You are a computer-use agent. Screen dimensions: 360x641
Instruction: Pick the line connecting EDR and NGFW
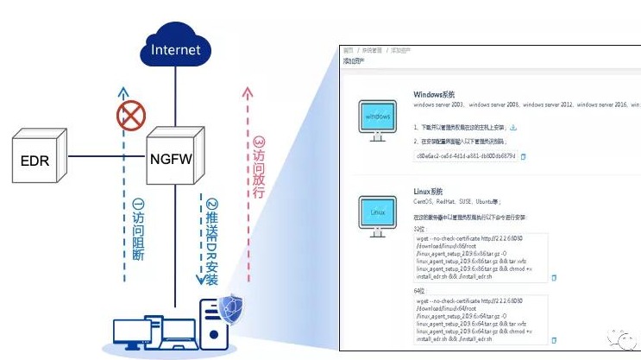pyautogui.click(x=103, y=157)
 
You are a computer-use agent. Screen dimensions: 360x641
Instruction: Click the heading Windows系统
pyautogui.click(x=434, y=93)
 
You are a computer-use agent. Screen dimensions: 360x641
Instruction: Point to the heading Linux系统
pyautogui.click(x=429, y=190)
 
